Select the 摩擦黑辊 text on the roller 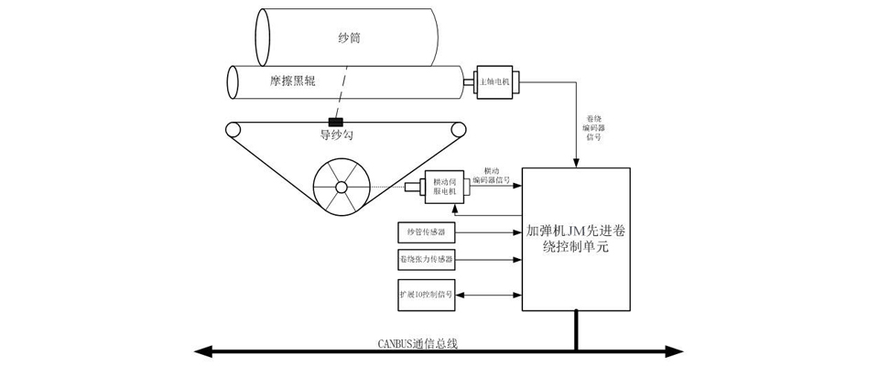pos(291,81)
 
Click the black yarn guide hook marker pos(336,123)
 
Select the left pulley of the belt pos(234,129)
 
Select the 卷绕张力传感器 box pos(427,261)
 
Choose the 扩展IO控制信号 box pos(426,296)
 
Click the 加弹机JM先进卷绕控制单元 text pos(575,240)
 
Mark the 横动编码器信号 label pos(491,176)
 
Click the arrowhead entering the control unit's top pos(575,164)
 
